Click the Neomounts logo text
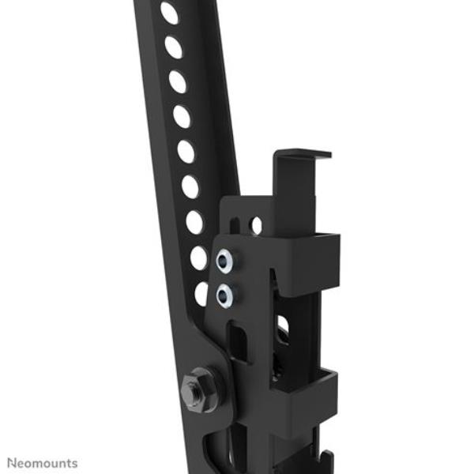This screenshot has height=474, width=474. pyautogui.click(x=43, y=464)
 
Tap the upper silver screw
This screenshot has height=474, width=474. pyautogui.click(x=224, y=261)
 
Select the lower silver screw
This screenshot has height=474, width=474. pyautogui.click(x=224, y=296)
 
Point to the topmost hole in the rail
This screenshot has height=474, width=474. pyautogui.click(x=169, y=13)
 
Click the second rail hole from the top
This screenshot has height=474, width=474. pyautogui.click(x=174, y=47)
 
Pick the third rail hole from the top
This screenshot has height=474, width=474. pyautogui.click(x=178, y=81)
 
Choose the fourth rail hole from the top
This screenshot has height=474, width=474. pyautogui.click(x=182, y=116)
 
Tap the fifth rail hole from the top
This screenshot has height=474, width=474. pyautogui.click(x=186, y=152)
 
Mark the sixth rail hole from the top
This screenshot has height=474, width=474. pyautogui.click(x=190, y=186)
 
